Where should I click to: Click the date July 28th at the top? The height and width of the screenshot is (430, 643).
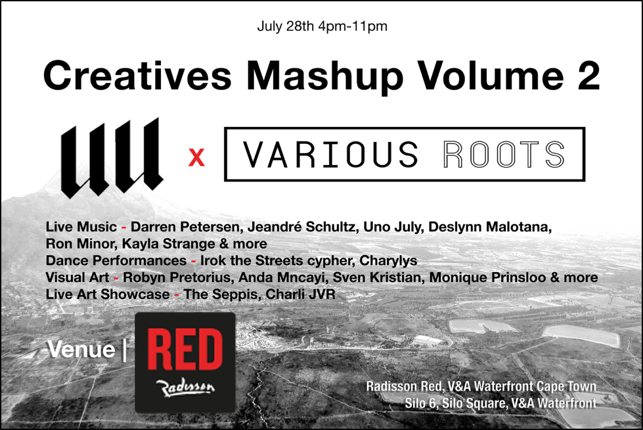click(286, 26)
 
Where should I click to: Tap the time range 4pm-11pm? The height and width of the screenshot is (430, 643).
click(353, 27)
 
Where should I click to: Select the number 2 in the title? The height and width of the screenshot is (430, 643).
click(588, 75)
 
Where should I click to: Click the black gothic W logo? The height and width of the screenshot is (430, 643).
click(112, 158)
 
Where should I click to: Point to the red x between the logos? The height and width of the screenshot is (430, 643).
click(196, 158)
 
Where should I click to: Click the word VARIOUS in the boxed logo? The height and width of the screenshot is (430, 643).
click(330, 155)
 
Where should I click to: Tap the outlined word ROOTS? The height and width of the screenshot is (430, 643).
click(504, 155)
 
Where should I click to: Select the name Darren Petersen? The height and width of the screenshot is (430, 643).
click(185, 227)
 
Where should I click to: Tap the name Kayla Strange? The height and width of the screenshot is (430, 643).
click(168, 243)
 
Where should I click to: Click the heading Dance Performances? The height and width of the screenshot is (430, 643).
click(116, 260)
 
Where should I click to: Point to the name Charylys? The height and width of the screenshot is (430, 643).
click(388, 261)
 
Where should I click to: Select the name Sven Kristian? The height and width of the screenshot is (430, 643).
click(377, 277)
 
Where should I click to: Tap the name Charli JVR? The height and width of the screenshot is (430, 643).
click(301, 294)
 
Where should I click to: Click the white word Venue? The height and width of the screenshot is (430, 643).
click(81, 350)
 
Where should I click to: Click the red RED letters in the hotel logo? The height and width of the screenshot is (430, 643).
click(185, 350)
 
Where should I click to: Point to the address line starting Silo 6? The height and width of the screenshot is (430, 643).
click(500, 403)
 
